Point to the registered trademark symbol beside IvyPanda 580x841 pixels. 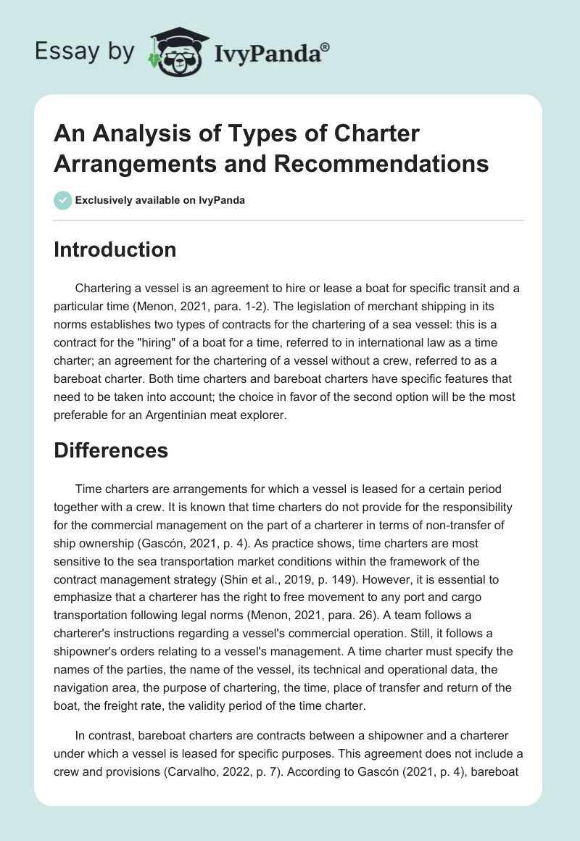pos(326,47)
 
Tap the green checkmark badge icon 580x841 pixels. pos(62,200)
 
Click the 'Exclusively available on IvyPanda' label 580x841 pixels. pos(159,201)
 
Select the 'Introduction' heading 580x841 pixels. pos(115,249)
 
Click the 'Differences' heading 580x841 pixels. pos(111,450)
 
